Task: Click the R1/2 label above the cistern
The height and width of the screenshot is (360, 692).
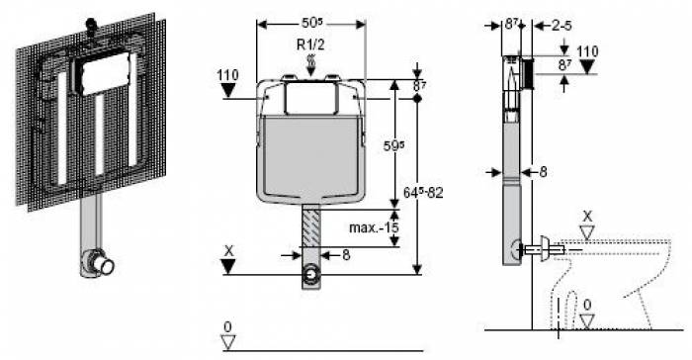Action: pos(310,45)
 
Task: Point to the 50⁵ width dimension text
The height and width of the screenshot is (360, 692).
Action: pos(312,23)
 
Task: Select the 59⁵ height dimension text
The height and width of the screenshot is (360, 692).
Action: pos(394,145)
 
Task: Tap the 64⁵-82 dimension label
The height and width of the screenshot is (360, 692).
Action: pos(423,193)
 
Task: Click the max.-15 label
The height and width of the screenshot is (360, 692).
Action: pos(374,227)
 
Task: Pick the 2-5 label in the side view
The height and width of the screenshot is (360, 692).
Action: pos(562,26)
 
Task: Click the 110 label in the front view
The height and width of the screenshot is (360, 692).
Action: pos(227,75)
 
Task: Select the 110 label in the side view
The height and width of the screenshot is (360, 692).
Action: pos(587,51)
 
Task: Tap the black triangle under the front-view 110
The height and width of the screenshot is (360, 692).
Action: pos(228,91)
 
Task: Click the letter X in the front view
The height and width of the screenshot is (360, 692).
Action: pos(228,251)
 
